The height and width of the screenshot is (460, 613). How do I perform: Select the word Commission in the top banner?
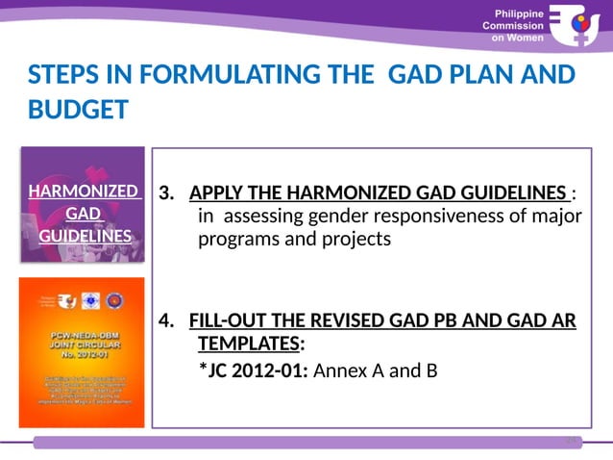click(516, 26)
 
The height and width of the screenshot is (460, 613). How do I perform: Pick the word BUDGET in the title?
click(77, 110)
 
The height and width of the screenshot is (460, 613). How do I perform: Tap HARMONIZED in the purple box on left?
click(82, 191)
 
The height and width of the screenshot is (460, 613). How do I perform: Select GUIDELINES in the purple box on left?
click(82, 236)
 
